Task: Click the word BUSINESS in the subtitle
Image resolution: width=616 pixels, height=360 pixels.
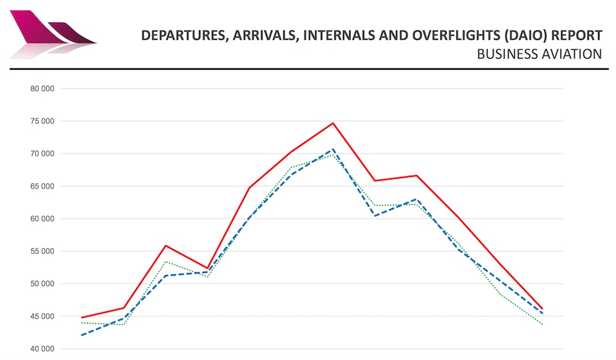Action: [x=503, y=55]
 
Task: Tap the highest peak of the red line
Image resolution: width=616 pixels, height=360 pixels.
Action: [x=333, y=123]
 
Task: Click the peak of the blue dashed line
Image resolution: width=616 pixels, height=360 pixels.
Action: [x=333, y=149]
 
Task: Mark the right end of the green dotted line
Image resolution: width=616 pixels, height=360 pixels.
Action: [x=542, y=324]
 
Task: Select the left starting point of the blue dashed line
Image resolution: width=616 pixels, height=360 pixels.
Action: [x=82, y=335]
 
